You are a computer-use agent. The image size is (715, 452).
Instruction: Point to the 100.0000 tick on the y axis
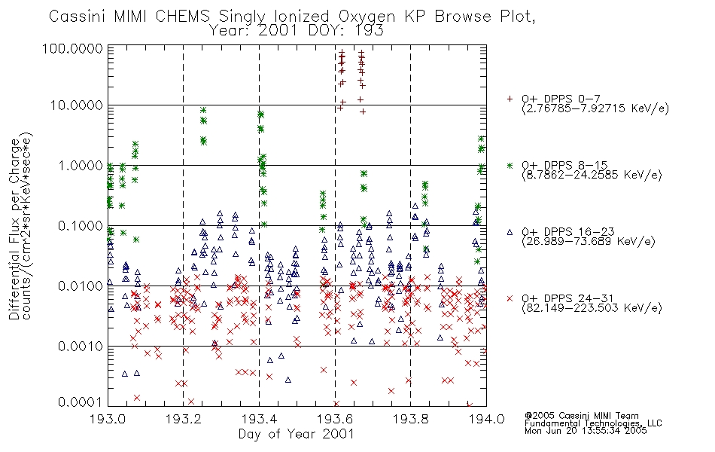(x=73, y=48)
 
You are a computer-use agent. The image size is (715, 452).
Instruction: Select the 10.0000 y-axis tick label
(x=76, y=105)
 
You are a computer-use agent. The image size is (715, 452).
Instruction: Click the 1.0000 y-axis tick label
(x=80, y=165)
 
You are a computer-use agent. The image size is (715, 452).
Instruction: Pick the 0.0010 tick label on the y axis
(x=80, y=346)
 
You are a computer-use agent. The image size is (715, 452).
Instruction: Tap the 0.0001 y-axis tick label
(x=80, y=402)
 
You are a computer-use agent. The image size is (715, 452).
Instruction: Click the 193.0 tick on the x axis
(x=108, y=419)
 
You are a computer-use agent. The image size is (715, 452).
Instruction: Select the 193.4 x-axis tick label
(x=260, y=419)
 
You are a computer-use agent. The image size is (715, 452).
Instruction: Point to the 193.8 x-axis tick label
(x=411, y=419)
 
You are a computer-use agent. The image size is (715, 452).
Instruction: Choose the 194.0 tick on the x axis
(x=486, y=419)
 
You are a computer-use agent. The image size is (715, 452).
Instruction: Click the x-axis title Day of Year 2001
(x=297, y=434)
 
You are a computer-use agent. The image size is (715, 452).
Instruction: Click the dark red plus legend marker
(x=510, y=99)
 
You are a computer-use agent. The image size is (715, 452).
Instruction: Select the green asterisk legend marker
(x=510, y=165)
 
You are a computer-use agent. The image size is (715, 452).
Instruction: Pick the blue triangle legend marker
(x=510, y=232)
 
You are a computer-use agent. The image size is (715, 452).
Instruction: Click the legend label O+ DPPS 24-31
(x=567, y=298)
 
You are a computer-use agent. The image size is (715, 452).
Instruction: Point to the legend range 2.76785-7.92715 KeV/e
(x=595, y=109)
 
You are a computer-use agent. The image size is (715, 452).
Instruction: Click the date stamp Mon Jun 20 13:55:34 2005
(x=586, y=431)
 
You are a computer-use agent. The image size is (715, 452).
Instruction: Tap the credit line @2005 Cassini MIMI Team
(x=581, y=416)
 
